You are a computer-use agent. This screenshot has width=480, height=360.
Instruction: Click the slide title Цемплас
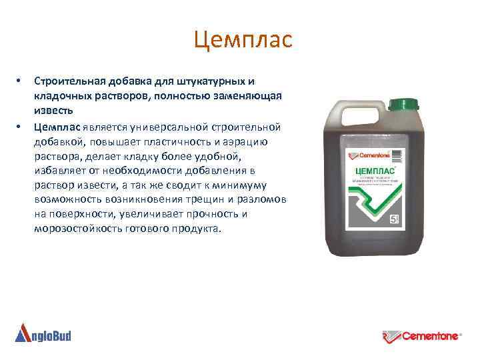[243, 40]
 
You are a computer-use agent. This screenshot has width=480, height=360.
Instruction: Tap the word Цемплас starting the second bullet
[57, 127]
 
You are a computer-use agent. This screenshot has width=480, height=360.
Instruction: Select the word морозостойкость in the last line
[74, 229]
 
